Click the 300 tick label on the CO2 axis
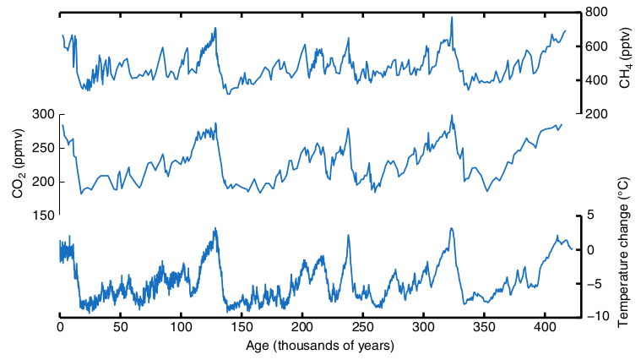click(42, 114)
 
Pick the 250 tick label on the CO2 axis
click(42, 148)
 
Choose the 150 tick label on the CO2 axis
click(42, 215)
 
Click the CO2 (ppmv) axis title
click(18, 165)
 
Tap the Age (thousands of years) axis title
click(320, 346)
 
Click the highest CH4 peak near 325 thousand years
click(452, 17)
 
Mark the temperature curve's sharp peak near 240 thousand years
click(348, 236)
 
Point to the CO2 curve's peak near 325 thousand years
click(452, 116)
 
